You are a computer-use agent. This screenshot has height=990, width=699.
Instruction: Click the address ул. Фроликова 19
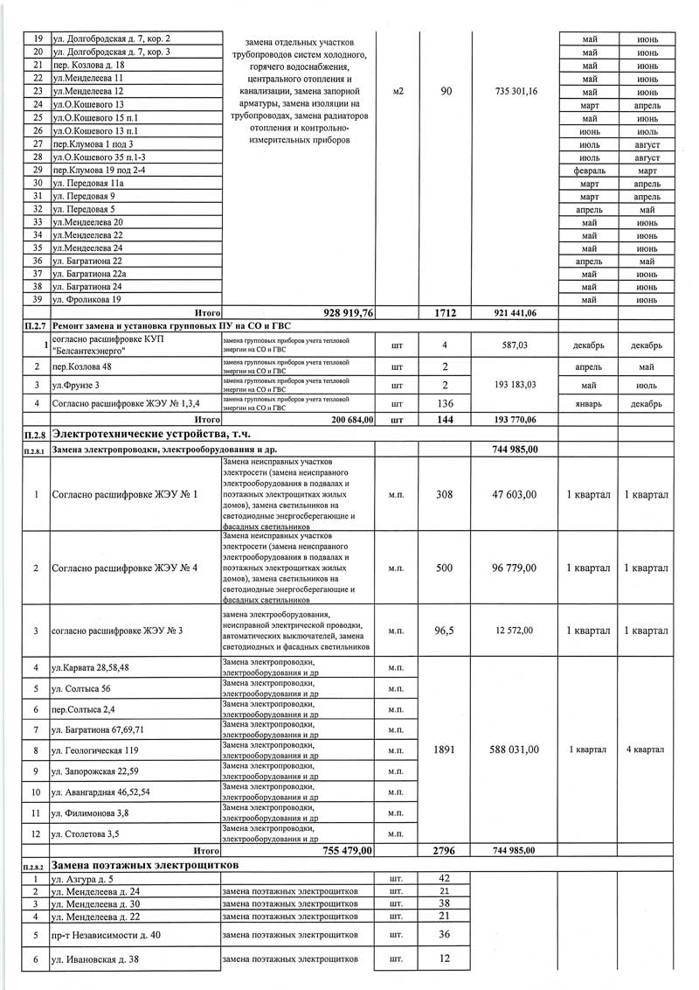[87, 300]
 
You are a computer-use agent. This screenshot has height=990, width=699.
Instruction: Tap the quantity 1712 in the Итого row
[446, 312]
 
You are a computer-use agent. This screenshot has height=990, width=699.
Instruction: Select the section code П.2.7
[35, 325]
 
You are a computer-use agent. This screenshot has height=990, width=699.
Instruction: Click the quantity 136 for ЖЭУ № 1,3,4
[446, 404]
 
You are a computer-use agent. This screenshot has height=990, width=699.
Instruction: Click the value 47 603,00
[515, 495]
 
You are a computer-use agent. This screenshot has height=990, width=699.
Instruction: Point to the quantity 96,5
[446, 631]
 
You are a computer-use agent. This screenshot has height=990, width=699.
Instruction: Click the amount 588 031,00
[515, 749]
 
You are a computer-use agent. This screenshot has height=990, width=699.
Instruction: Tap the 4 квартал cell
[646, 749]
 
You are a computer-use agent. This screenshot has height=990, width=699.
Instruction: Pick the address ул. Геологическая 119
[95, 750]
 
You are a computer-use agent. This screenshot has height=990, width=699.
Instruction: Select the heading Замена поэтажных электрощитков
[146, 864]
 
